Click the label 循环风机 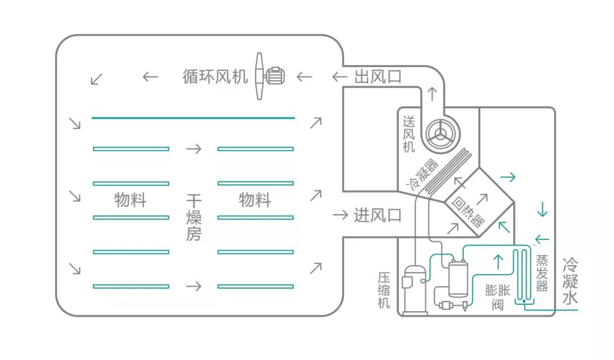pos(215,76)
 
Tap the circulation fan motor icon pos(274,76)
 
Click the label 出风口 pos(377,77)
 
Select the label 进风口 pos(377,215)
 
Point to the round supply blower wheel pos(439,135)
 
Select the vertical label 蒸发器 pos(542,273)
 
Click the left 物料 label pos(130,200)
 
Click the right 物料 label pos(255,200)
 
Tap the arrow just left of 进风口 pos(340,215)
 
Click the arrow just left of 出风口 pos(340,77)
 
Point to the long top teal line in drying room pos(193,118)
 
